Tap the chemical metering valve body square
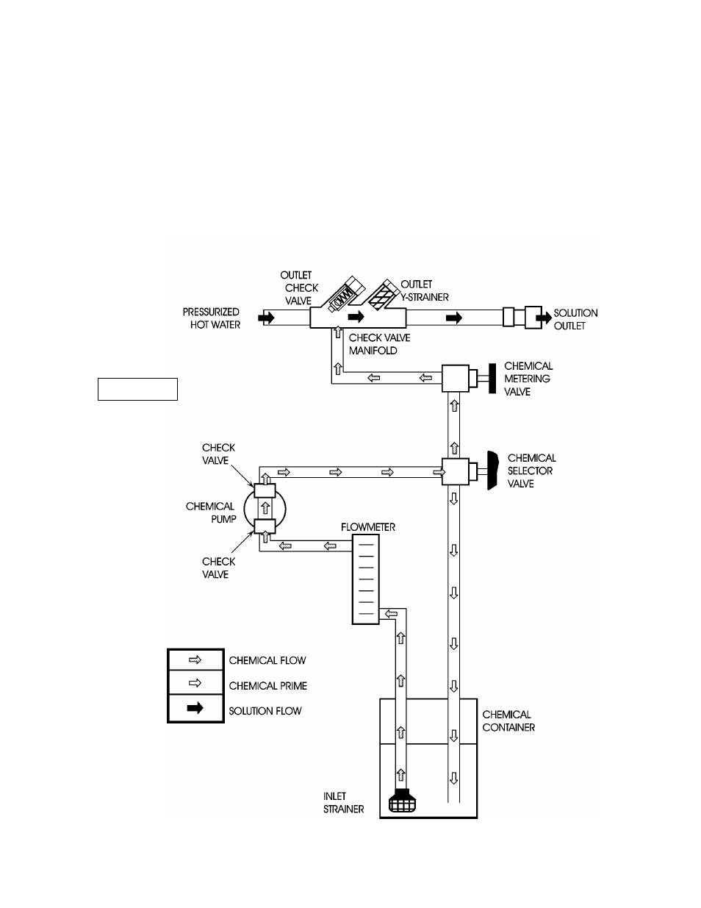coord(455,379)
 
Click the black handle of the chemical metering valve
coord(489,379)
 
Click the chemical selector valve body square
coord(455,471)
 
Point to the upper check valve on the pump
coord(264,490)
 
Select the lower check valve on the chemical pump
coord(264,526)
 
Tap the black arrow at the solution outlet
coord(542,318)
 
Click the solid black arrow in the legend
coord(195,709)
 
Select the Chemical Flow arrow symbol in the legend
coord(195,660)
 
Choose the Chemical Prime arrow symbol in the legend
coord(195,683)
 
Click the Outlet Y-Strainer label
coord(425,290)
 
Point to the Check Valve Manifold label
coord(379,344)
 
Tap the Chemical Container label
coord(508,721)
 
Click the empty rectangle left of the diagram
coord(137,389)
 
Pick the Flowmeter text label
coord(367,527)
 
